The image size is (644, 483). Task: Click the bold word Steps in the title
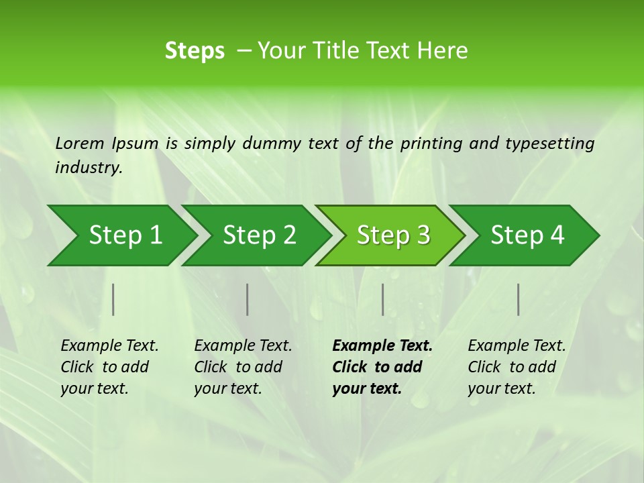(x=195, y=51)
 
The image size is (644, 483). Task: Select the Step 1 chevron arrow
(x=121, y=235)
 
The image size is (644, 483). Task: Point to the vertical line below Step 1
(x=113, y=299)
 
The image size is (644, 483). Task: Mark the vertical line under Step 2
(x=248, y=299)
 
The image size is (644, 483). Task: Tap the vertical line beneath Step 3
(x=382, y=299)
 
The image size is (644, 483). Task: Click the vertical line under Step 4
(x=519, y=299)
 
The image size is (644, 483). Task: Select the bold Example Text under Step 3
(x=382, y=367)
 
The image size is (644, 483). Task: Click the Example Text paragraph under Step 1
(x=109, y=367)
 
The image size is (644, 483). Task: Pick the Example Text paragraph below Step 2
(x=243, y=367)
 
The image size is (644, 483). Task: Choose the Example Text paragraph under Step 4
(x=517, y=367)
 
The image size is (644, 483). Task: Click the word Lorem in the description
(x=80, y=143)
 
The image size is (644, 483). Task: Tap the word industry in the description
(x=88, y=167)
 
